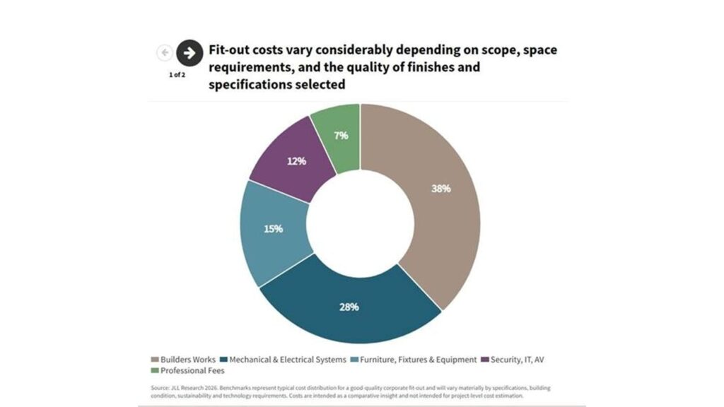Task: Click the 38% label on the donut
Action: click(x=440, y=188)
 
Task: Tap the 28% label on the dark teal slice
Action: click(x=349, y=307)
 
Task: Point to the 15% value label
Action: click(x=273, y=229)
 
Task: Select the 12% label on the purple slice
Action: click(x=296, y=161)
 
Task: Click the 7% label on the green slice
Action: click(x=341, y=135)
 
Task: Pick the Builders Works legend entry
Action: click(x=183, y=360)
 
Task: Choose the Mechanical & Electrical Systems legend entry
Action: click(x=283, y=360)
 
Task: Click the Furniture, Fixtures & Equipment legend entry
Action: click(x=414, y=360)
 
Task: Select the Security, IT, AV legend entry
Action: click(x=513, y=360)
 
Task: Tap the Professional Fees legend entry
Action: click(x=187, y=370)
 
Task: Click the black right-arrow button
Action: click(x=189, y=53)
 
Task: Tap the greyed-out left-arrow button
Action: click(x=164, y=52)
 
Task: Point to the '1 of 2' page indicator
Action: click(x=177, y=75)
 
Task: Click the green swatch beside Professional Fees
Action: click(x=155, y=370)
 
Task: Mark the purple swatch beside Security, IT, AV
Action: click(x=485, y=360)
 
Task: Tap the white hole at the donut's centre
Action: click(x=360, y=224)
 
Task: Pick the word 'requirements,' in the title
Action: click(x=251, y=67)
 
